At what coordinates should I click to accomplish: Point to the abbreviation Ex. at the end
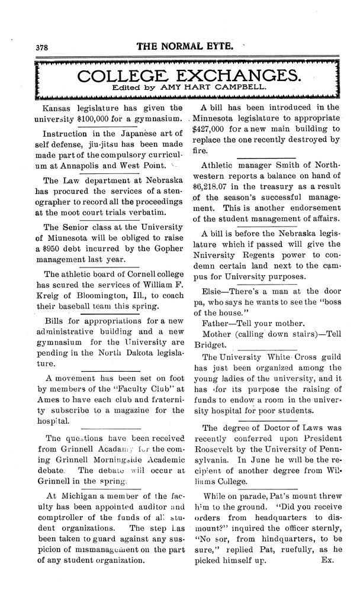(x=327, y=558)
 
